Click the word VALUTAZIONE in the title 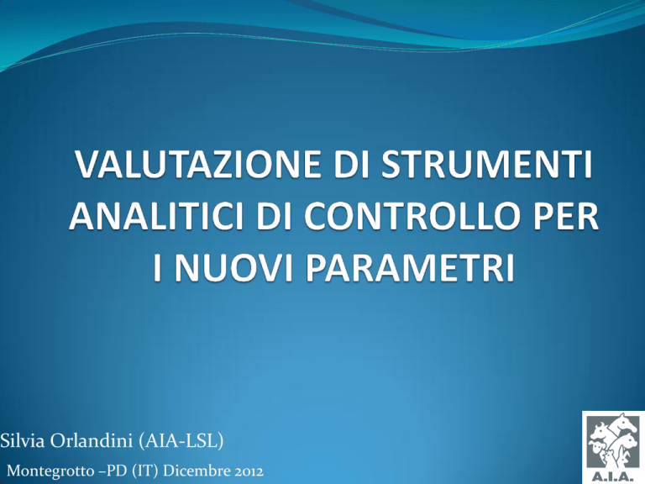pyautogui.click(x=198, y=164)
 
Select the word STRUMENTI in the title pyautogui.click(x=487, y=164)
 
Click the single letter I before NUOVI pyautogui.click(x=159, y=268)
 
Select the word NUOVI pyautogui.click(x=233, y=268)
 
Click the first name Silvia pyautogui.click(x=23, y=440)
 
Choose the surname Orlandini pyautogui.click(x=92, y=440)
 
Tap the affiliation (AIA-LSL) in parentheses pyautogui.click(x=181, y=441)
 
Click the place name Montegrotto pyautogui.click(x=50, y=471)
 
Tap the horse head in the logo pyautogui.click(x=622, y=423)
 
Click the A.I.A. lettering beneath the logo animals pyautogui.click(x=613, y=477)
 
